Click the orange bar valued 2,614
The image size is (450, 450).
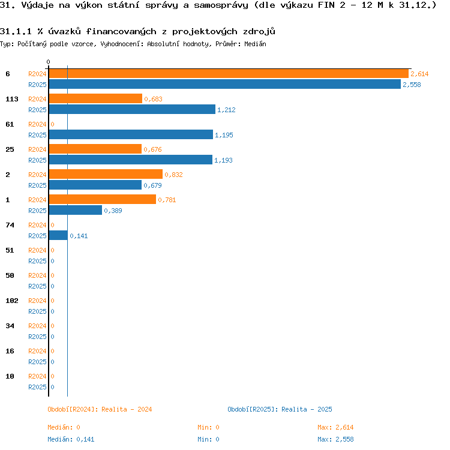click(229, 73)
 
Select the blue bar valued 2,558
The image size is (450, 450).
click(225, 84)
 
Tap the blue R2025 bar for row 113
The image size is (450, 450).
click(133, 109)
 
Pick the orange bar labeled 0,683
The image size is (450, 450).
click(95, 98)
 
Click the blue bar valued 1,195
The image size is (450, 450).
click(131, 134)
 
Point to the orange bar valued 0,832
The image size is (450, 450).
click(106, 174)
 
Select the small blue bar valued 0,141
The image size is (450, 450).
click(59, 235)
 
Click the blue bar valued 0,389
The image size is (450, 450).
click(76, 210)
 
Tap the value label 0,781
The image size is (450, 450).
click(167, 200)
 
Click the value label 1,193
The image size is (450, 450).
click(223, 160)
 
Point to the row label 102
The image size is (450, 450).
click(12, 301)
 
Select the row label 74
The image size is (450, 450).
click(10, 225)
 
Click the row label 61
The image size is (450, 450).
click(10, 124)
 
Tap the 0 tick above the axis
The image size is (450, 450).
click(48, 62)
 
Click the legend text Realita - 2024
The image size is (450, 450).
click(127, 409)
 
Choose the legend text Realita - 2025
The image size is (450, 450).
click(307, 409)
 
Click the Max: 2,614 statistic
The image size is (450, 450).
click(335, 427)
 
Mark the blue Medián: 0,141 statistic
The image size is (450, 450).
click(71, 439)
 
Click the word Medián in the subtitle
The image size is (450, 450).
click(255, 44)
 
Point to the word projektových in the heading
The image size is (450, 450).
click(205, 32)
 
